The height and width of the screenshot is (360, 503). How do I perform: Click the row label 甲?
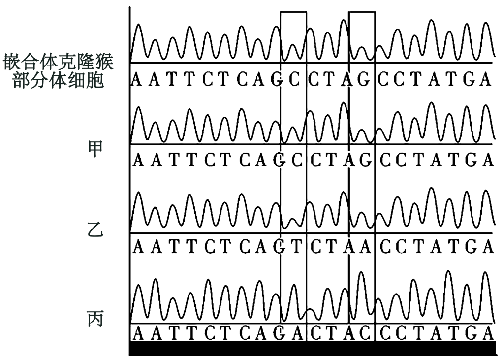(94, 147)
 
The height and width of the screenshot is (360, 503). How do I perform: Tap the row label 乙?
(94, 230)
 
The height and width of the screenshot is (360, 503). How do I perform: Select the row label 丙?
(94, 318)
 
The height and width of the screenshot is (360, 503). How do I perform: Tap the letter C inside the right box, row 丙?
(364, 333)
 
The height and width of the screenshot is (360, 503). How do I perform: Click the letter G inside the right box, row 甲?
(364, 161)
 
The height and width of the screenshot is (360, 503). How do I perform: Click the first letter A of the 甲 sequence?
(139, 161)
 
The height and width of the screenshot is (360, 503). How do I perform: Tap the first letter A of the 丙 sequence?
(139, 333)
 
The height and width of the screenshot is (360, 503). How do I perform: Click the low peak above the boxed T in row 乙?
(293, 220)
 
